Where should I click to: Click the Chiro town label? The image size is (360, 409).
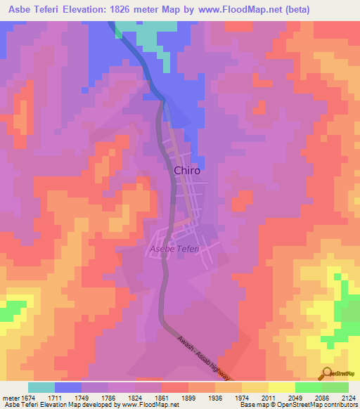click(187, 170)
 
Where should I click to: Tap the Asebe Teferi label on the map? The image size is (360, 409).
click(174, 249)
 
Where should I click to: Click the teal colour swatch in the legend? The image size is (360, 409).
click(41, 387)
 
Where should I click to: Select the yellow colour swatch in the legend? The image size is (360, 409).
click(282, 387)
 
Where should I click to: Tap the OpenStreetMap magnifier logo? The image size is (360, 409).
click(325, 374)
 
